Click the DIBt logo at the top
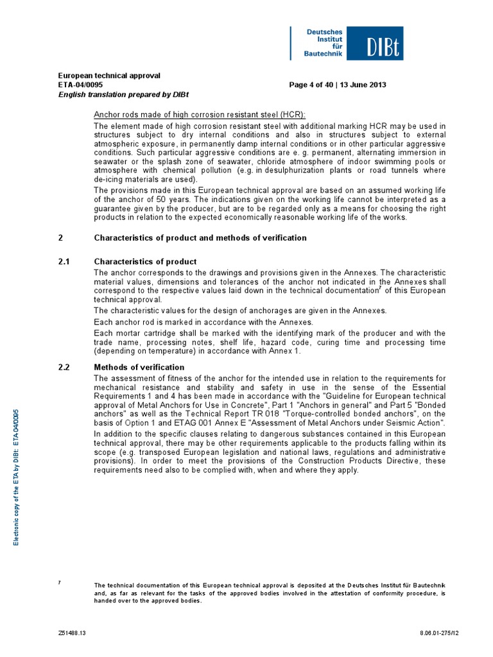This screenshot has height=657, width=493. click(347, 43)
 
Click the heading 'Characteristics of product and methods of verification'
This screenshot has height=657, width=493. click(200, 238)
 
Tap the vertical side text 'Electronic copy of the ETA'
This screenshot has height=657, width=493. click(17, 475)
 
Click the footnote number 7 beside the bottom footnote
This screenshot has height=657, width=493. click(60, 582)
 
